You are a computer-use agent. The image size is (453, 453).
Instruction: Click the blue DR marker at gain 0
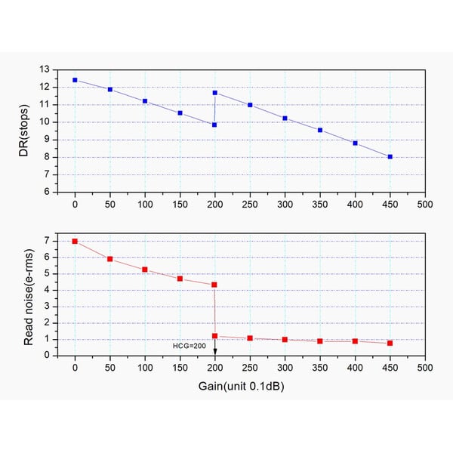pos(75,80)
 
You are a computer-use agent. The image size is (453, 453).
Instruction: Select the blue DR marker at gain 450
pos(390,157)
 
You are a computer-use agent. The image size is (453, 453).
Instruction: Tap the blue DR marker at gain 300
pos(285,119)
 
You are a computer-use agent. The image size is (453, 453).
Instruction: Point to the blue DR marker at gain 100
pos(145,101)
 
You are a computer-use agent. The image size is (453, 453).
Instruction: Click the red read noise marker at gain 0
pos(75,242)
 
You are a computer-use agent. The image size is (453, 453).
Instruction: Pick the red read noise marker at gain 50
pos(110,259)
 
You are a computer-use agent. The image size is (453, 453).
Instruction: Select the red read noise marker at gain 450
pos(390,343)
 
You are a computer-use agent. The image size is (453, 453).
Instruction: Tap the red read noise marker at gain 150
pos(180,279)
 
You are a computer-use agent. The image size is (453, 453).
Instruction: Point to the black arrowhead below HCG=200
pos(215,352)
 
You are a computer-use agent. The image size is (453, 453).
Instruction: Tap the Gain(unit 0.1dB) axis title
pos(249,387)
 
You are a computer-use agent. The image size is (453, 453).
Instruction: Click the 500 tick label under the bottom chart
pos(425,368)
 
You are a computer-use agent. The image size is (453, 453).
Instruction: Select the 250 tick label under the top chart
pos(250,205)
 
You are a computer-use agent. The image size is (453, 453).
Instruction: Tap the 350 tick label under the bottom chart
pos(320,368)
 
